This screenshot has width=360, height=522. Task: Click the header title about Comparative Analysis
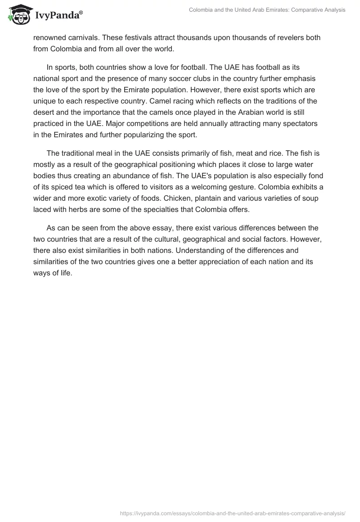click(267, 10)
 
